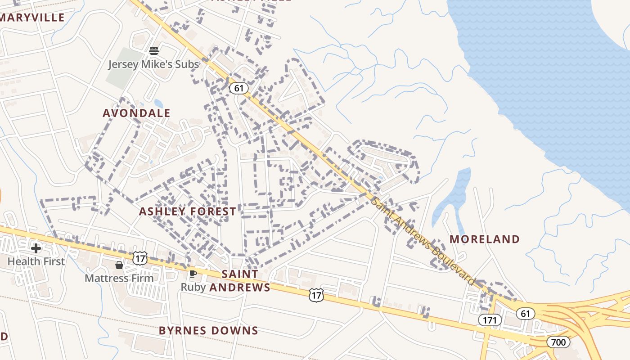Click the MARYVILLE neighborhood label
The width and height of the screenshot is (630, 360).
click(x=32, y=18)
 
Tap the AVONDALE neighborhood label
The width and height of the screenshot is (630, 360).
click(x=136, y=113)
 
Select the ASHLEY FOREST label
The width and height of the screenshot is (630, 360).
click(x=187, y=211)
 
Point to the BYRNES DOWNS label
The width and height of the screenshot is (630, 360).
click(x=208, y=331)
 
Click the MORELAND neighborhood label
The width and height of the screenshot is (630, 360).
click(x=485, y=239)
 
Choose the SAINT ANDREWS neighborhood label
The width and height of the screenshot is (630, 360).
click(x=240, y=281)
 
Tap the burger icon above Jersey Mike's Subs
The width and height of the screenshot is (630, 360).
click(x=153, y=50)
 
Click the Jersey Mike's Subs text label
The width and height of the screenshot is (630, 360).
click(x=153, y=64)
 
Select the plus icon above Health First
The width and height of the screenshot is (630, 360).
click(x=36, y=248)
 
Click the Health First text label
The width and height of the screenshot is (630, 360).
click(x=36, y=261)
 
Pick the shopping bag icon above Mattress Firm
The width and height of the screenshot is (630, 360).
click(x=119, y=265)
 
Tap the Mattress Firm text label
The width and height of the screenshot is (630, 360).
click(x=119, y=278)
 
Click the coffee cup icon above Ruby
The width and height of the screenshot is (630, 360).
click(x=193, y=274)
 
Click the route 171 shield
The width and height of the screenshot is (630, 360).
click(x=489, y=320)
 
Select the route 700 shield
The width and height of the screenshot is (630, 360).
click(x=558, y=342)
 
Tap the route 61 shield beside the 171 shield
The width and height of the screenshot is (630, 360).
click(x=525, y=313)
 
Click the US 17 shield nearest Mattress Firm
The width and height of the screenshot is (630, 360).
click(x=140, y=258)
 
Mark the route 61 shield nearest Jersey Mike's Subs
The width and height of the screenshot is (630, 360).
click(x=239, y=88)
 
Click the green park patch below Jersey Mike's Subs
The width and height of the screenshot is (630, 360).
click(x=120, y=74)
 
